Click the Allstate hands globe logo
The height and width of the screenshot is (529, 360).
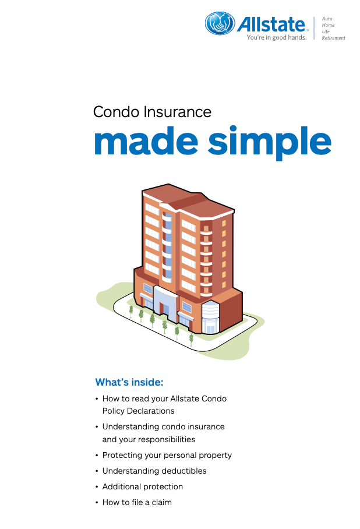tap(220, 23)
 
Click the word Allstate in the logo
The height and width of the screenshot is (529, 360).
tap(271, 24)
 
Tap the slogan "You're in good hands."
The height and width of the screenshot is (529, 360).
tap(277, 37)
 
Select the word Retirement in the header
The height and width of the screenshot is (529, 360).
tap(333, 38)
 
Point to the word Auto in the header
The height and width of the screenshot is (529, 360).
tap(327, 19)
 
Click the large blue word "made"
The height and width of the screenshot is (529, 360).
tap(146, 141)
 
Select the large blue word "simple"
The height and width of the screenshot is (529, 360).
tap(270, 143)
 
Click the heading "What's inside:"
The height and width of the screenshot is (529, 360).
tap(129, 382)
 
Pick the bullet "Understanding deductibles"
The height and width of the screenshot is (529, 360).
tap(154, 471)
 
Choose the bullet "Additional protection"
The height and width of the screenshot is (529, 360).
tap(142, 487)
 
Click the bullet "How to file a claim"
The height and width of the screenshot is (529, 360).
tap(137, 502)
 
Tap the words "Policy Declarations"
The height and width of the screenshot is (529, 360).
tap(138, 411)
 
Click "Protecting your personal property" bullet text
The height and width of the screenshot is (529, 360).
tap(167, 456)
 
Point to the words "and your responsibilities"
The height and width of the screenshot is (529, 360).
tap(149, 440)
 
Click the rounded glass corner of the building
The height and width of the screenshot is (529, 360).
tap(210, 317)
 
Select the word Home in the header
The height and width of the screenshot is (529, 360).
tap(328, 25)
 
